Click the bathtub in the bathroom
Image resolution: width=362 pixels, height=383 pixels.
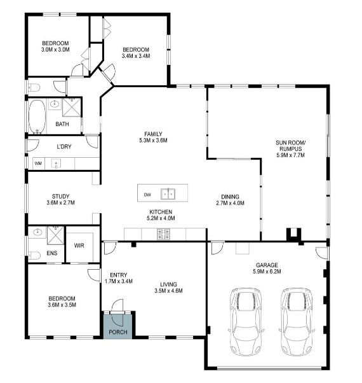[x=37, y=116]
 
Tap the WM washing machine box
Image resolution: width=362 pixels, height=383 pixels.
[x=39, y=164]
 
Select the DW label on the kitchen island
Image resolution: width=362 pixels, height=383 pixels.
[x=147, y=195]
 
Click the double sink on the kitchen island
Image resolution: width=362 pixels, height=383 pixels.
[x=168, y=194]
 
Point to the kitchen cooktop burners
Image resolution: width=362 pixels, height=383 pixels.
[x=163, y=233]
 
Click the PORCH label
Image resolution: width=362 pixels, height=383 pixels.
[x=118, y=332]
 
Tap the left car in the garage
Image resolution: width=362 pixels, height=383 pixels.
[x=246, y=322]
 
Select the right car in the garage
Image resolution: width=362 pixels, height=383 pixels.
[x=297, y=322]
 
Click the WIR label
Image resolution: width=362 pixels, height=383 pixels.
[x=79, y=246]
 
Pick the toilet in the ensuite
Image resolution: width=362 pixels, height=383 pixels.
[x=34, y=256]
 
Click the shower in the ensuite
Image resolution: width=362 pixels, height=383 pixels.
[x=55, y=235]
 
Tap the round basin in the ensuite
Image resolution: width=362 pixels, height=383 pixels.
[x=37, y=232]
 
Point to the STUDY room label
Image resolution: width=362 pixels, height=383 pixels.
[x=60, y=197]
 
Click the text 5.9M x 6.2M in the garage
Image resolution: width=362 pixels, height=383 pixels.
[x=267, y=272]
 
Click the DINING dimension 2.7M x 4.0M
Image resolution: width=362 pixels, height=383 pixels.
[x=230, y=203]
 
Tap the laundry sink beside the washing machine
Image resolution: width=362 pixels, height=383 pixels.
[x=56, y=164]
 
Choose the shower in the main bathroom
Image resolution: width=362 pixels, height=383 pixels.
[x=71, y=108]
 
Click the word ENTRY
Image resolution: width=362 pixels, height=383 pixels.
[x=119, y=275]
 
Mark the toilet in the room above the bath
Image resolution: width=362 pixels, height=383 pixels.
[x=34, y=87]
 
